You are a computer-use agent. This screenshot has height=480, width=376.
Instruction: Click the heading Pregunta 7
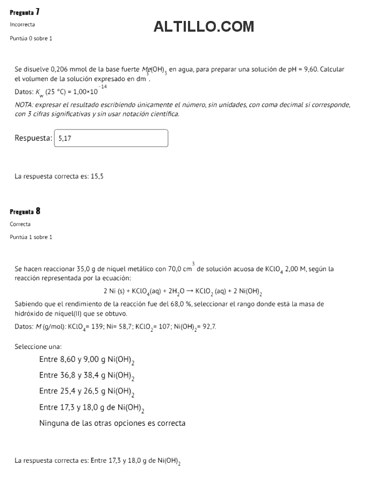click(25, 12)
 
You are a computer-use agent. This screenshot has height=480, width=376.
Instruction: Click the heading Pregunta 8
click(25, 211)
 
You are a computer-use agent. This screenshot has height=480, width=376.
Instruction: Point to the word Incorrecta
click(23, 25)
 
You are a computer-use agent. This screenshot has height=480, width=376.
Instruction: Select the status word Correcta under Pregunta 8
click(20, 224)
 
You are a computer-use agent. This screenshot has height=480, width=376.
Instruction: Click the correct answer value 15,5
click(97, 176)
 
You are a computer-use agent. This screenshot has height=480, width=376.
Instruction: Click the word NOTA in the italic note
click(24, 105)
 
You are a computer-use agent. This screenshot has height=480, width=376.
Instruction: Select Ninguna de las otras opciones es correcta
click(112, 423)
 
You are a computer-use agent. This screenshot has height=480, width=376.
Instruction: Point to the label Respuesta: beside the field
click(33, 139)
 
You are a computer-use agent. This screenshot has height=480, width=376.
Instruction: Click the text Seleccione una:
click(38, 347)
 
